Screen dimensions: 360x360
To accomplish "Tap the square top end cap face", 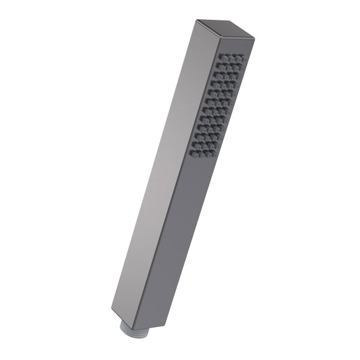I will (x=224, y=30).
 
